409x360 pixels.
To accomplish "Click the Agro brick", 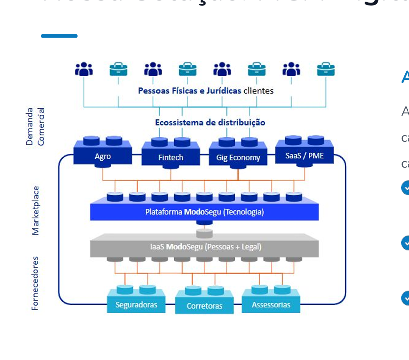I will (103, 156).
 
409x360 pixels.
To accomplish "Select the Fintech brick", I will (170, 157).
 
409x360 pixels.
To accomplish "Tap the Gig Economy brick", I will (238, 157).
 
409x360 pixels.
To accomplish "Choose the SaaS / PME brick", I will (305, 155).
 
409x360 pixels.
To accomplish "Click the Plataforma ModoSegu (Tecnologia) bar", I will (204, 212).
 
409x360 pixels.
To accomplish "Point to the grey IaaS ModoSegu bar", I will (204, 247).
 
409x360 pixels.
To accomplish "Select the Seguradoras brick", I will (136, 304).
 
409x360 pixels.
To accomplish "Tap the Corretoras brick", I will (204, 306).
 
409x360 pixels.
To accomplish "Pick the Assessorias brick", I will (271, 304).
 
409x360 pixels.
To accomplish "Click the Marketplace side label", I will (36, 210).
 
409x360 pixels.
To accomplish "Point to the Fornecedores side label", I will (36, 283).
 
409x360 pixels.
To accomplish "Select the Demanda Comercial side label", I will (35, 127).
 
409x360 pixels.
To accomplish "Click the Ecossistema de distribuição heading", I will (210, 123).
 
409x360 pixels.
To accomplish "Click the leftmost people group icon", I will (84, 69).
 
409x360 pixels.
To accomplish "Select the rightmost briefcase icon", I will (326, 69).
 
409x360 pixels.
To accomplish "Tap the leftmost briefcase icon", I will (118, 69).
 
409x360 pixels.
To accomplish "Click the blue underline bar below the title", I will (59, 36).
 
